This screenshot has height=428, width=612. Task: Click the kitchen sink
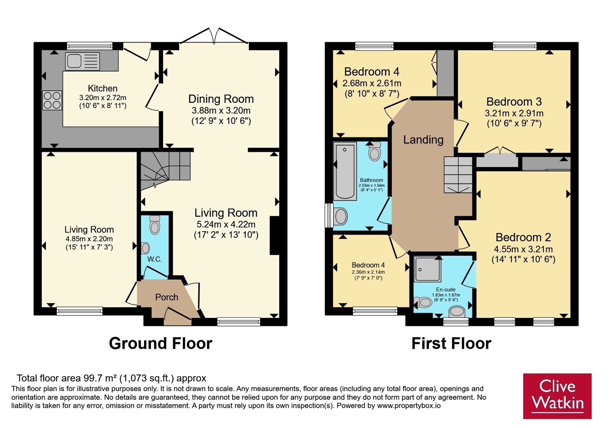82,61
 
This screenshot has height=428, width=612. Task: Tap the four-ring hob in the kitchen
52,100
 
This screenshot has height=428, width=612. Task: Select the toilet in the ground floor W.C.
155,225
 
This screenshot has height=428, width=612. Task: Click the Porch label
167,297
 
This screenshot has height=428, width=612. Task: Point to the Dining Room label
221,99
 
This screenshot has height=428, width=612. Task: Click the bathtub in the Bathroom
345,172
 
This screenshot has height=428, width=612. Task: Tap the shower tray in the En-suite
427,269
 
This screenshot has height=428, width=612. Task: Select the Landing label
423,140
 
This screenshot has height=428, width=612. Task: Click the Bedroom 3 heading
514,102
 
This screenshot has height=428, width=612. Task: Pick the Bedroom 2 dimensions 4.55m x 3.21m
523,249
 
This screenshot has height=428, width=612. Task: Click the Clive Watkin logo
557,396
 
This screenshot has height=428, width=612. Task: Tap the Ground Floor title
161,344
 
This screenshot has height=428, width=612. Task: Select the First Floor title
451,344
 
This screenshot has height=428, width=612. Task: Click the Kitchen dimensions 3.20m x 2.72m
103,97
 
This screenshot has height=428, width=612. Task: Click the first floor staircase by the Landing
458,175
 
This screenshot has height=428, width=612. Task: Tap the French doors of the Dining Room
214,36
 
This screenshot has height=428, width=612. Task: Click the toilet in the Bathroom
374,151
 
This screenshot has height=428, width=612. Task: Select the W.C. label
155,259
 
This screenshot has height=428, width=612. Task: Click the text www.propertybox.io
409,405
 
